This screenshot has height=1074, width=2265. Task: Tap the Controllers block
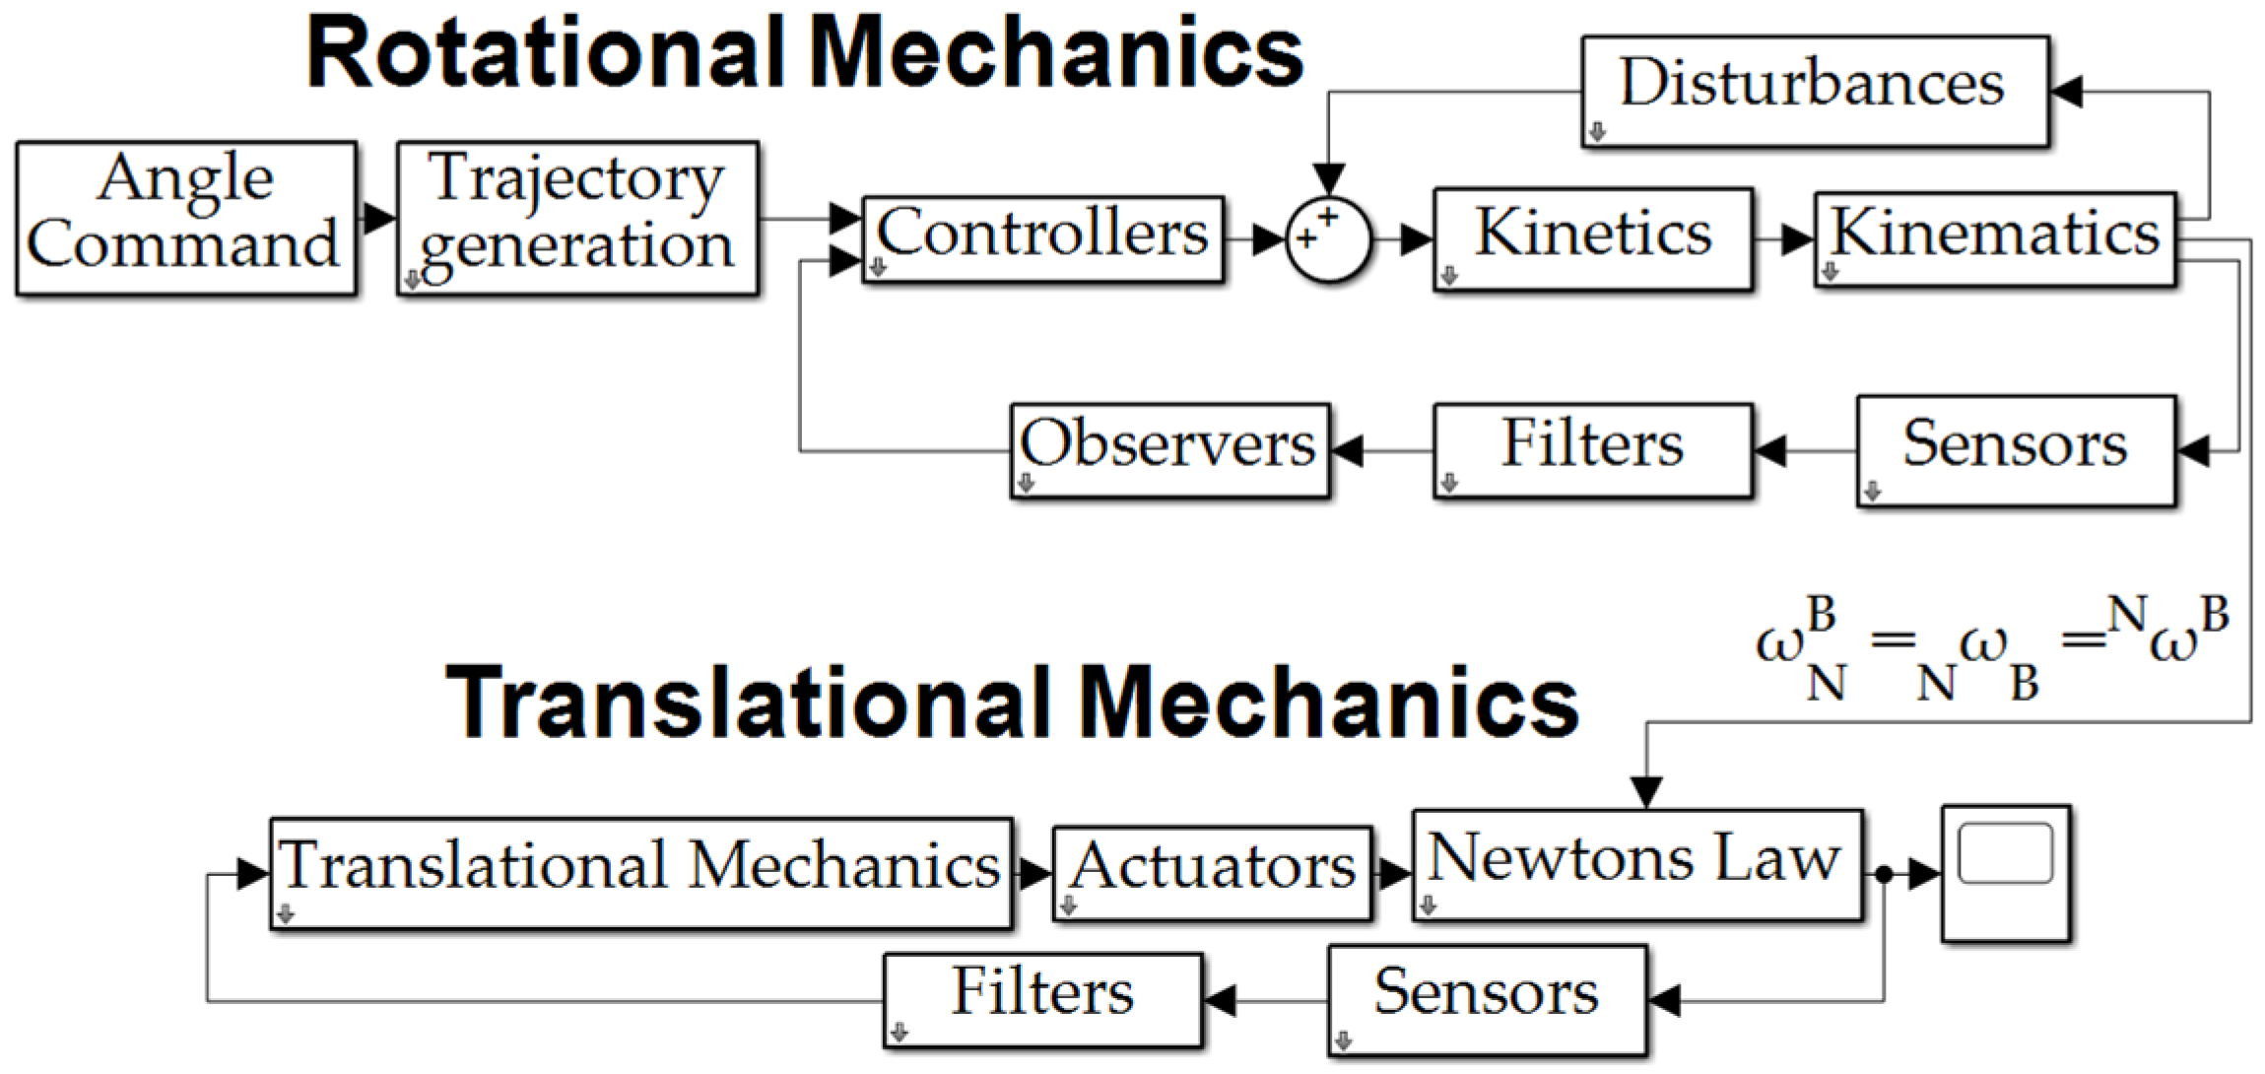[1042, 239]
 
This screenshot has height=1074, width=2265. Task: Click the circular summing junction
[1328, 239]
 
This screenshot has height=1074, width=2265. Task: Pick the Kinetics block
[1592, 239]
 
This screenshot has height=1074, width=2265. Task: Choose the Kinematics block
[1994, 239]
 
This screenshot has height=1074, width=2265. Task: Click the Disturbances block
[1815, 92]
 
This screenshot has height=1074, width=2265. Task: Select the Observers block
[1169, 450]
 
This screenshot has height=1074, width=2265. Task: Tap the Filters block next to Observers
[1592, 450]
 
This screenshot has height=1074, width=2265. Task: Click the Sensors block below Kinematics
[2016, 450]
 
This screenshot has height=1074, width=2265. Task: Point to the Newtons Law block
[1636, 865]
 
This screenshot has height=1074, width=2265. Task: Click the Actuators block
[1212, 873]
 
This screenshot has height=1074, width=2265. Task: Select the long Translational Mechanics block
[640, 873]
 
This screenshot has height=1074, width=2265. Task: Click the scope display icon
[2006, 873]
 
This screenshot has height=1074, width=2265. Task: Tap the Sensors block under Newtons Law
[1486, 1000]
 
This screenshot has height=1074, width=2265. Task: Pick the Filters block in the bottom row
[1042, 1000]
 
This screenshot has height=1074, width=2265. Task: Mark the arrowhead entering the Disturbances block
[2065, 92]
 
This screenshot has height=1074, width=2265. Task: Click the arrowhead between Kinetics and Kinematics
[1797, 239]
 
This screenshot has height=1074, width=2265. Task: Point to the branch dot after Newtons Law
[1883, 873]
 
